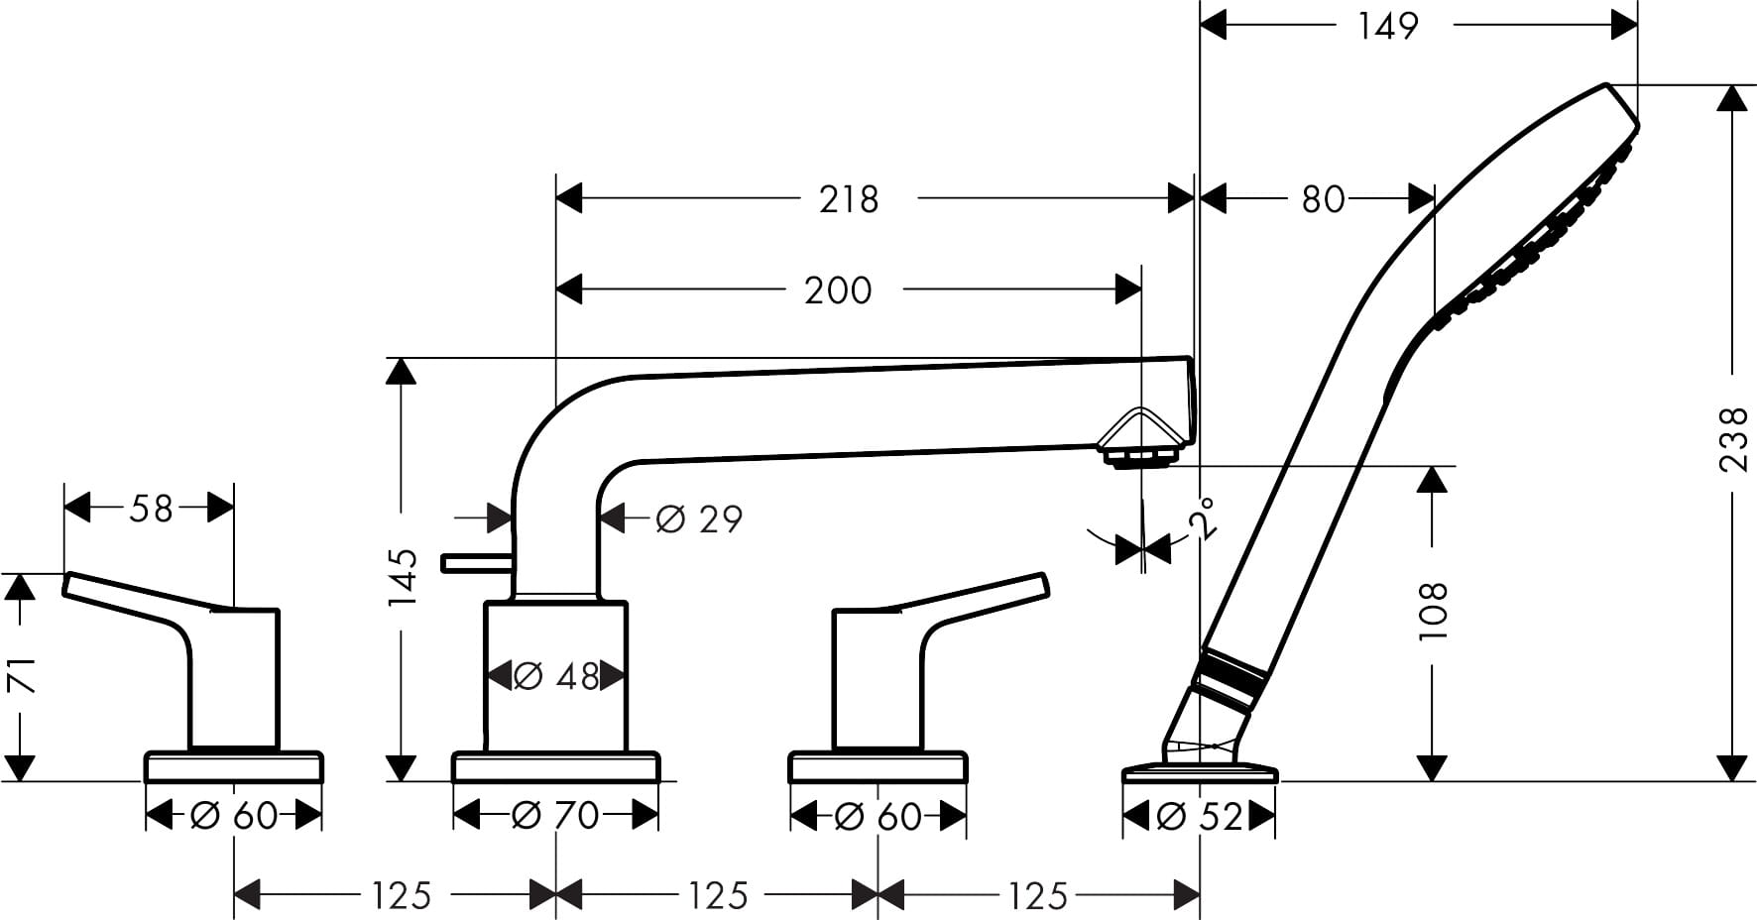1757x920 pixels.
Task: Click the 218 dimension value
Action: [849, 199]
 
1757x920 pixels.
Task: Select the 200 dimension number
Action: [838, 290]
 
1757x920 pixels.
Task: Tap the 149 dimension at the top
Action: [1388, 26]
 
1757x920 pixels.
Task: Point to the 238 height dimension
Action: [1733, 438]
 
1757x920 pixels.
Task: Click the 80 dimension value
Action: [1323, 199]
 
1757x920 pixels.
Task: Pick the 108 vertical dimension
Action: [1434, 610]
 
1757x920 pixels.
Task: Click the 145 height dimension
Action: [403, 577]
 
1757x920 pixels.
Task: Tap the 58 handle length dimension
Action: [151, 509]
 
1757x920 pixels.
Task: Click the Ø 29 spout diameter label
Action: [699, 518]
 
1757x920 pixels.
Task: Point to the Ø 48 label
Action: [557, 676]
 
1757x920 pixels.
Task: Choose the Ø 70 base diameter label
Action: [555, 816]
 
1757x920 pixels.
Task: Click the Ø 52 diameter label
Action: [1199, 816]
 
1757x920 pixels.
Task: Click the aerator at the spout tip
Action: [1139, 457]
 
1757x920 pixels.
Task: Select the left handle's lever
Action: [139, 597]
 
